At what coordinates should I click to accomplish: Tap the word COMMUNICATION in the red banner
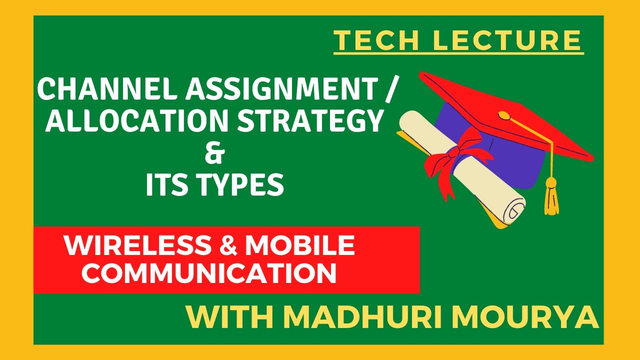209,273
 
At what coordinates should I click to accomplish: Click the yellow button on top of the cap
505,116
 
